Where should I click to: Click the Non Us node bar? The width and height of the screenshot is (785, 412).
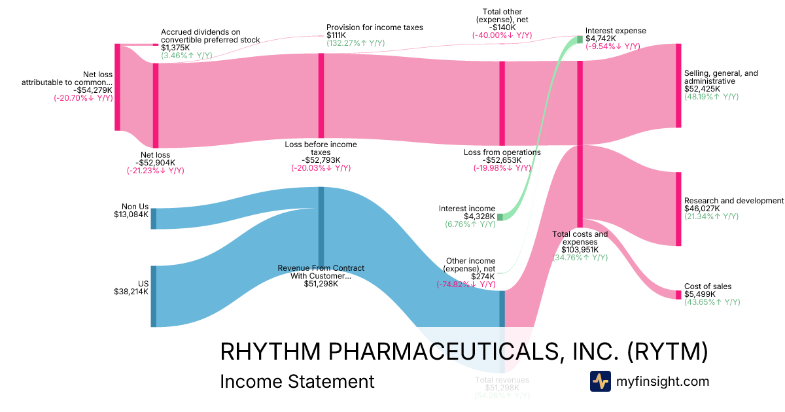pyautogui.click(x=154, y=218)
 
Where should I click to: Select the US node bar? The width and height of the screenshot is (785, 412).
pyautogui.click(x=154, y=296)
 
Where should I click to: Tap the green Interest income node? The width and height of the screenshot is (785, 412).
pyautogui.click(x=500, y=216)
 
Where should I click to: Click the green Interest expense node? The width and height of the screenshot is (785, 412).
pyautogui.click(x=580, y=39)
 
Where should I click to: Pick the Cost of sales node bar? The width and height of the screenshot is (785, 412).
pyautogui.click(x=678, y=294)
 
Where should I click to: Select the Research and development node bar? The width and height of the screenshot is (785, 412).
pyautogui.click(x=678, y=209)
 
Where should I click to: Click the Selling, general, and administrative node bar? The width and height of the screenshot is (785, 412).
pyautogui.click(x=678, y=86)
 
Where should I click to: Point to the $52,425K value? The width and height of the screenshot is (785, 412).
pyautogui.click(x=702, y=89)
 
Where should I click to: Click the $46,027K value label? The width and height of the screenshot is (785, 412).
pyautogui.click(x=702, y=209)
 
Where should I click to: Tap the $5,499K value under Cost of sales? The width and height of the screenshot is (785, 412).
pyautogui.click(x=699, y=294)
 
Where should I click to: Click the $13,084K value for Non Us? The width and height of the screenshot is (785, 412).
pyautogui.click(x=131, y=214)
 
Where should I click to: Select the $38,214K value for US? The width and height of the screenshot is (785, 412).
pyautogui.click(x=131, y=292)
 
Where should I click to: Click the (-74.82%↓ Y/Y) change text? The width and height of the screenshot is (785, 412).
pyautogui.click(x=465, y=284)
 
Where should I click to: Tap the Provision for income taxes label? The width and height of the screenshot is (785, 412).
pyautogui.click(x=375, y=27)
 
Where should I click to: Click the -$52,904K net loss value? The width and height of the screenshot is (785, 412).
pyautogui.click(x=155, y=163)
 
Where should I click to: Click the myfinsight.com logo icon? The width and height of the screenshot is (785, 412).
pyautogui.click(x=600, y=381)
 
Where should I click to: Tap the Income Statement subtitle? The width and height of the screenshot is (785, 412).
pyautogui.click(x=297, y=381)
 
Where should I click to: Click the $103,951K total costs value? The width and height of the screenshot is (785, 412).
pyautogui.click(x=580, y=249)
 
